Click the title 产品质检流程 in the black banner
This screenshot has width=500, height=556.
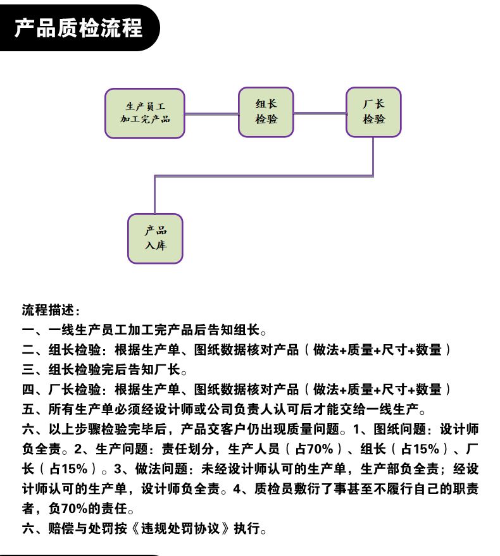78,28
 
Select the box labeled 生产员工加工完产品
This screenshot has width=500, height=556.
145,113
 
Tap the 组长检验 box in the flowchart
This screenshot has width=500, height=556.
266,112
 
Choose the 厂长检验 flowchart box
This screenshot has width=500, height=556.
373,112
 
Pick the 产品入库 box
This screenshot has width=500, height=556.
155,238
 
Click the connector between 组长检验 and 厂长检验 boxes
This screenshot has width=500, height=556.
320,113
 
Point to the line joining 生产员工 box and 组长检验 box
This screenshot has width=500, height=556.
211,114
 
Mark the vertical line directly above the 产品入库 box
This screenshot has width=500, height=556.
154,195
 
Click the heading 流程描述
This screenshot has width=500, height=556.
48,310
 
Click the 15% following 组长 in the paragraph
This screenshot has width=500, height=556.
426,449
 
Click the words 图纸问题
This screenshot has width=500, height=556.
399,429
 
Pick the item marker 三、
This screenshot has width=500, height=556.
35,369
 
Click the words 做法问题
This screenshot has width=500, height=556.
161,469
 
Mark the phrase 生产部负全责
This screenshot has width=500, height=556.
399,469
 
